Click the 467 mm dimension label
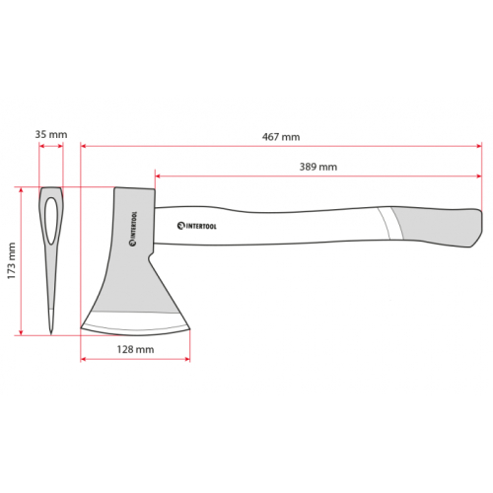tap(281, 137)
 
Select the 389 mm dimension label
tap(318, 167)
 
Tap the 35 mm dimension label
tap(51, 134)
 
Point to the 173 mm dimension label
tap(12, 261)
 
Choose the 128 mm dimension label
tap(135, 349)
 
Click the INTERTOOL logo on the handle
tap(197, 226)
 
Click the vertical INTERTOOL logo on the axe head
tap(133, 229)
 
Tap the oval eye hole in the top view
tap(51, 221)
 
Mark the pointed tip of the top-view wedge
tap(51, 333)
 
